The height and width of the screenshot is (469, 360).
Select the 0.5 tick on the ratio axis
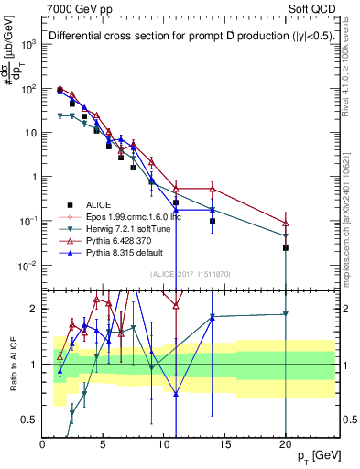(x=29, y=420)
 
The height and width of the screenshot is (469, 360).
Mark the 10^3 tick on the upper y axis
(x=27, y=44)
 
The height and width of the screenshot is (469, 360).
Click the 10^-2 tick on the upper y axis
(x=27, y=266)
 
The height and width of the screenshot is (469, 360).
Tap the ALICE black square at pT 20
(x=286, y=248)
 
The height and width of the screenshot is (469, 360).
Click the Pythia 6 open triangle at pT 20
(x=286, y=223)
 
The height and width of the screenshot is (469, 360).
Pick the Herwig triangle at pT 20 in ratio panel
(x=286, y=314)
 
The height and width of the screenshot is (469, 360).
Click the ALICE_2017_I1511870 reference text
(x=191, y=274)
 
